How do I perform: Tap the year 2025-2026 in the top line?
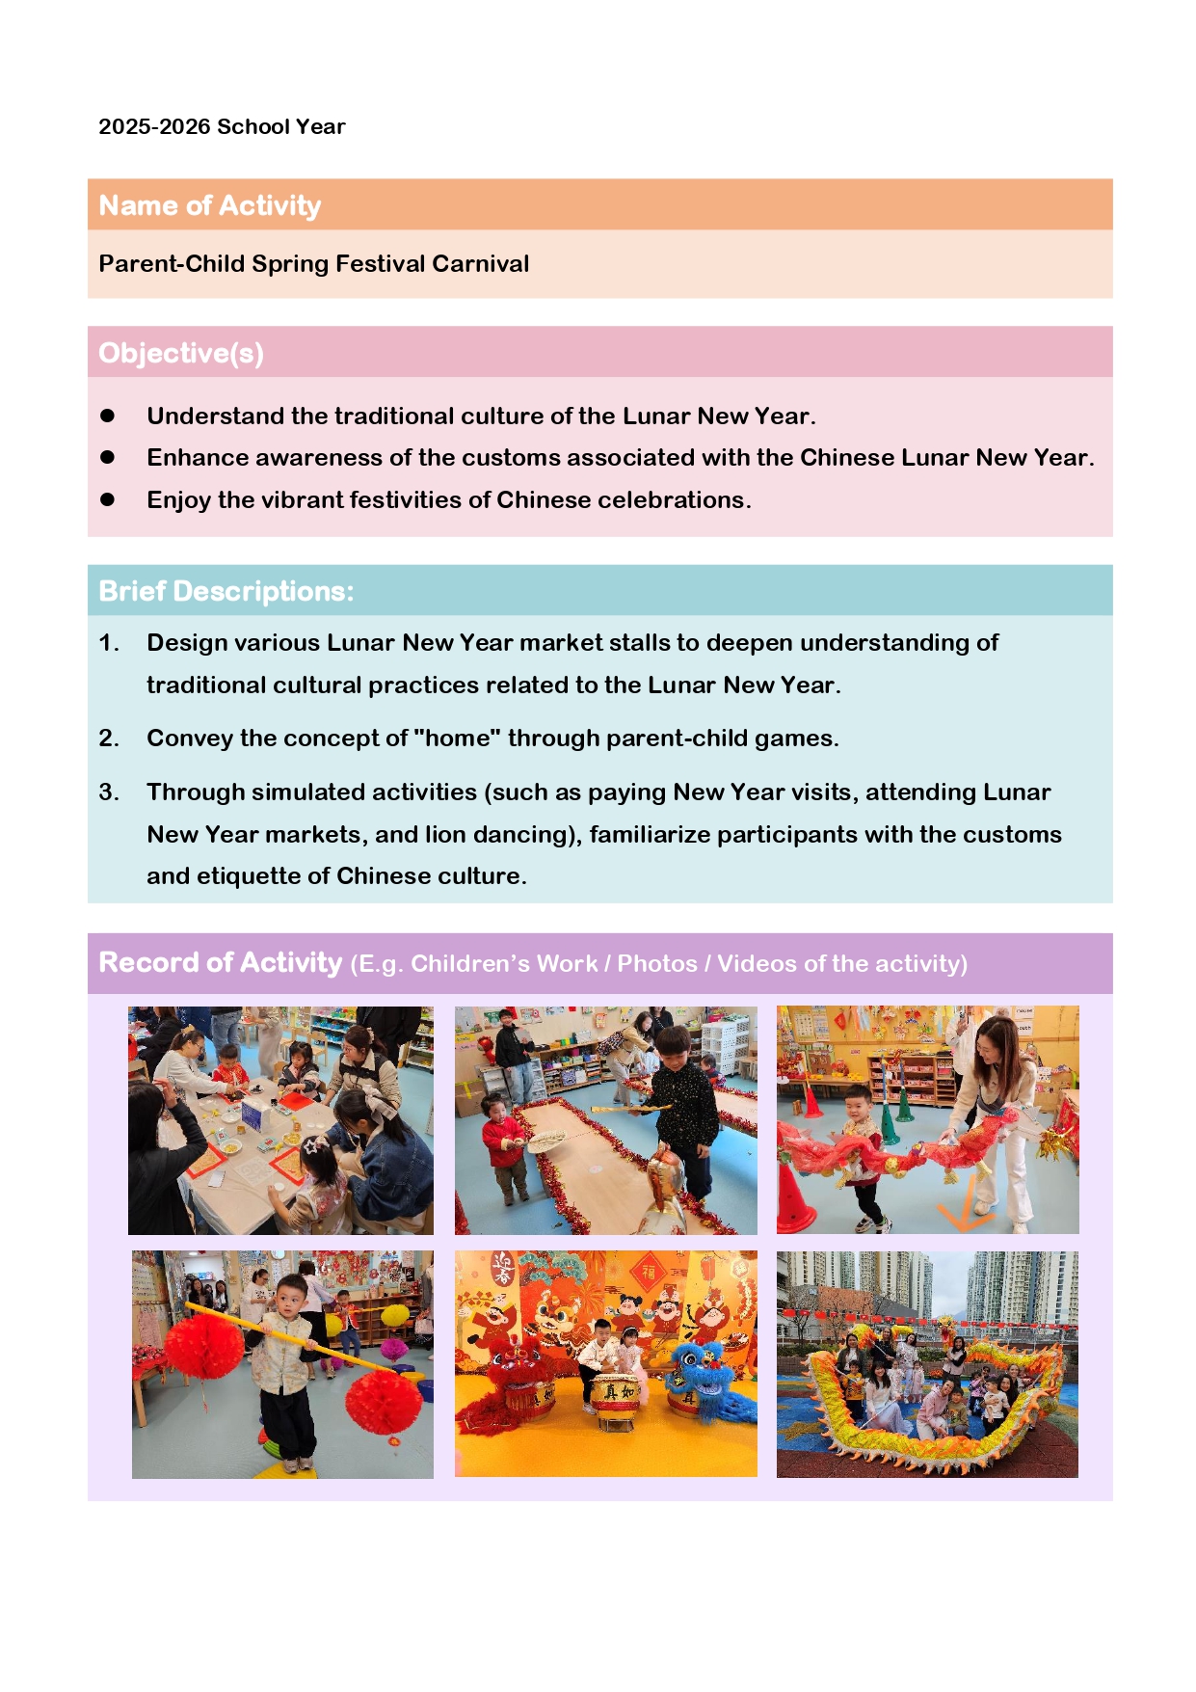coord(154,127)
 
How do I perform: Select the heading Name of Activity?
coord(210,205)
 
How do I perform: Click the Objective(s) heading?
coord(181,353)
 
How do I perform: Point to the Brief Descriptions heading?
coord(226,591)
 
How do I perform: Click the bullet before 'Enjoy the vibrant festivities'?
coord(108,499)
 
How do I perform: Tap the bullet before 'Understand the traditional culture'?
coord(108,416)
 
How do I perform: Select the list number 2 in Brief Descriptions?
coord(108,739)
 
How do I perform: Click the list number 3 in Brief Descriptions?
coord(108,792)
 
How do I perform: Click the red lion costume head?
coord(513,1367)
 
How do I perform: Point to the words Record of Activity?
coord(221,962)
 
